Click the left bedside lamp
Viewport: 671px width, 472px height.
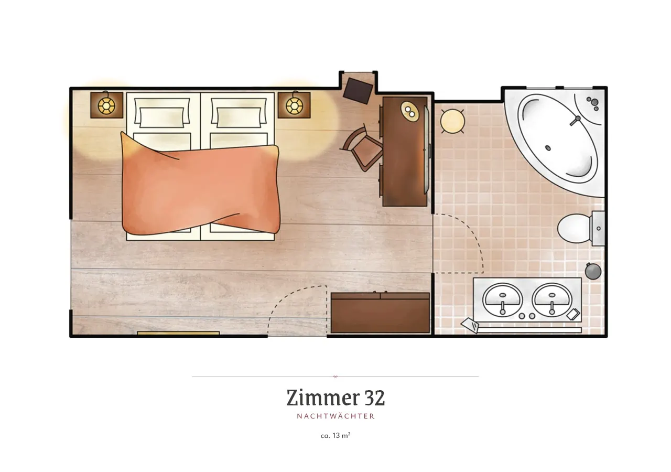(x=106, y=105)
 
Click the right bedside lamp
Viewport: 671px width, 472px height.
(x=294, y=105)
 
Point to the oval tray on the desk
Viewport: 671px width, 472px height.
(x=410, y=111)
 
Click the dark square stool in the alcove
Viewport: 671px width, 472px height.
(x=358, y=91)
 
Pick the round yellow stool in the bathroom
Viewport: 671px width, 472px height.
(x=452, y=121)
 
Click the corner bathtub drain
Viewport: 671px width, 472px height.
(x=548, y=148)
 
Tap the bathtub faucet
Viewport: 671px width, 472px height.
(x=576, y=120)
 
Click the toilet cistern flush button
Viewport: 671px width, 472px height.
(x=599, y=228)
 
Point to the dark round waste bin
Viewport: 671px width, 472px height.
(x=593, y=271)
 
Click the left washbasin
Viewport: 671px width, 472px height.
(x=502, y=300)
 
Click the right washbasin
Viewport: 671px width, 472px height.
(x=552, y=300)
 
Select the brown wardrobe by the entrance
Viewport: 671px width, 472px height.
(x=380, y=313)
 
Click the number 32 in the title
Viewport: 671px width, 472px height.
(x=374, y=398)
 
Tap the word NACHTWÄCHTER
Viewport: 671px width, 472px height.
(x=336, y=416)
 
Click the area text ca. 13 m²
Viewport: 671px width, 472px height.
(x=335, y=435)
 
